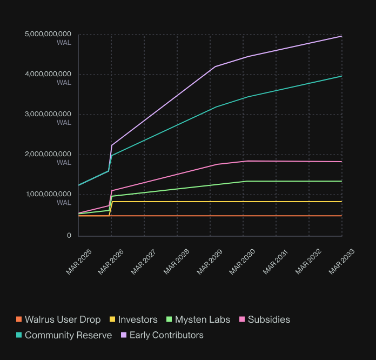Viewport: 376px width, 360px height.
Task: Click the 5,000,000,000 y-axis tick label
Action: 48,35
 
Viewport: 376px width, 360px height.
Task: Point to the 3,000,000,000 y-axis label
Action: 48,115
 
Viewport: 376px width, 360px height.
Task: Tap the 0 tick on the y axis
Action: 69,236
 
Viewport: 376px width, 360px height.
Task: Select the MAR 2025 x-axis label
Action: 79,262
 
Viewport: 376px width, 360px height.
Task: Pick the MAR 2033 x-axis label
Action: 342,262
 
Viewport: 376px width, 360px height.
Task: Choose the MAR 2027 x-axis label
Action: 145,262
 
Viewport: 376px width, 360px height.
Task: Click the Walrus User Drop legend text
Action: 63,319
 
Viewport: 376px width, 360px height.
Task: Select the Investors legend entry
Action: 138,319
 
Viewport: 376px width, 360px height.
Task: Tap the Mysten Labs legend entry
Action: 203,319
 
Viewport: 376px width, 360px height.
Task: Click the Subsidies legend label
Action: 269,319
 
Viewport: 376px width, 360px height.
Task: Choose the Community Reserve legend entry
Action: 68,335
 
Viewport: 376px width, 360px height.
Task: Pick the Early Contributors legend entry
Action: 166,335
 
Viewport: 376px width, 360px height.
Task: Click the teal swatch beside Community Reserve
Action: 19,335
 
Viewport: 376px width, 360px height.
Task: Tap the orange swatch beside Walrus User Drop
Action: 19,319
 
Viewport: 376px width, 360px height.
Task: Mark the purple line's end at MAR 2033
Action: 341,36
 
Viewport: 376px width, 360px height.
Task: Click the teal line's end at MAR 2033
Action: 341,76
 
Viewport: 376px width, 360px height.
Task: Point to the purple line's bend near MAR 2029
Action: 216,66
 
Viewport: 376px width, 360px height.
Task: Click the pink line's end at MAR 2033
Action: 341,162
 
